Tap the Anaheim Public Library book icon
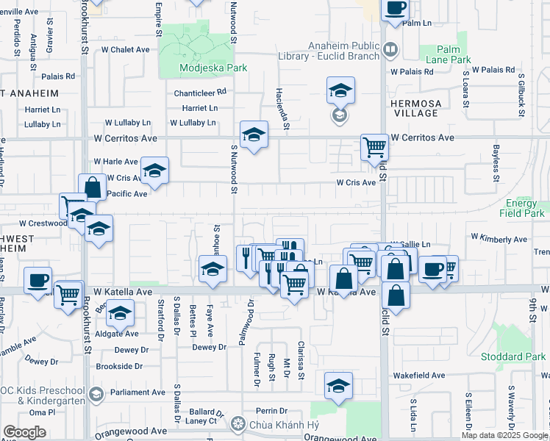click(390, 49)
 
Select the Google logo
click(24, 432)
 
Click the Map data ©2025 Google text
click(505, 435)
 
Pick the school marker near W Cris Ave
click(155, 171)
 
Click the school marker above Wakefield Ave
click(338, 385)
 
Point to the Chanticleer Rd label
click(200, 93)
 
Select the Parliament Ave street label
click(138, 392)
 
